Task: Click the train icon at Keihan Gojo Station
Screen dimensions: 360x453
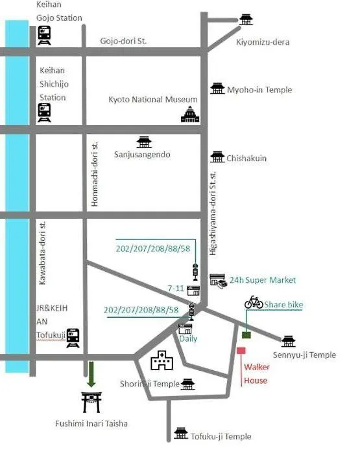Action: point(44,35)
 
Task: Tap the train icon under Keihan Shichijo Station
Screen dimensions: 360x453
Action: point(44,113)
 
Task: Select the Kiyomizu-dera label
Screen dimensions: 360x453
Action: point(263,42)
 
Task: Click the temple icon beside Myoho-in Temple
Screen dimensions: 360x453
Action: point(217,88)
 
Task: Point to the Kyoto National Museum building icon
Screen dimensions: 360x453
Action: point(190,114)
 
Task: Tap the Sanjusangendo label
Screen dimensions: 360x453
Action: point(142,155)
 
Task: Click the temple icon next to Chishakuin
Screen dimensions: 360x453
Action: point(217,157)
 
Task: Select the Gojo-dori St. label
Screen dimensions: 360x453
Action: point(123,41)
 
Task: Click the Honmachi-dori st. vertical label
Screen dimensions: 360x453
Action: point(95,174)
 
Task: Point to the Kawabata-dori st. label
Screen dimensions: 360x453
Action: point(42,253)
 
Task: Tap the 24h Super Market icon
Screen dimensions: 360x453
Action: point(219,281)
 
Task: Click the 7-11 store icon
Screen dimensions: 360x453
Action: point(193,291)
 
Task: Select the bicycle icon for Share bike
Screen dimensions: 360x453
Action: point(254,302)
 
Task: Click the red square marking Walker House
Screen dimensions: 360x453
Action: point(241,351)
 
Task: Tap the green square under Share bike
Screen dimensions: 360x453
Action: point(246,335)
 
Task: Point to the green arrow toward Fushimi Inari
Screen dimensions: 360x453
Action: point(91,374)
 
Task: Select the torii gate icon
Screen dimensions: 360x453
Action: point(91,402)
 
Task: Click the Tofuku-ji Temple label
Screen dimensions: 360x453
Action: point(221,436)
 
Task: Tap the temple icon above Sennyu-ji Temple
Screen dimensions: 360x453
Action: point(288,341)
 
